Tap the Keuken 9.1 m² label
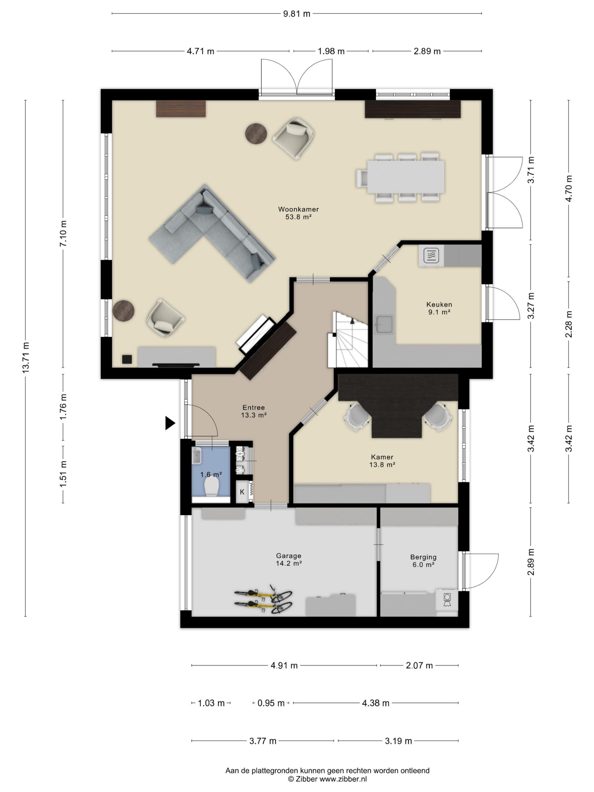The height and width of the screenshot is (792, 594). pos(439,308)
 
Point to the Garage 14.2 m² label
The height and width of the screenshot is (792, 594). pos(289,559)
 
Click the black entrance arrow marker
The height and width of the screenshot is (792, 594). pos(170,423)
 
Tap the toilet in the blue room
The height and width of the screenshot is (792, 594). pos(211,487)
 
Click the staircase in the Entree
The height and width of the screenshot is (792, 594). pos(348,340)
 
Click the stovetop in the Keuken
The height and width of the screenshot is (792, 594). pos(431,256)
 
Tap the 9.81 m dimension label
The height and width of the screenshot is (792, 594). pos(296,14)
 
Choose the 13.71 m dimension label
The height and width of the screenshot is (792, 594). pos(26,358)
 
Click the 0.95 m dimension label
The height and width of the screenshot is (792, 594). pos(271,703)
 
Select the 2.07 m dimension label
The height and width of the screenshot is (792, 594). pos(419,665)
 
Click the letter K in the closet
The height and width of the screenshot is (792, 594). pos(242,492)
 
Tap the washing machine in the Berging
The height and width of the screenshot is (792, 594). pos(447,600)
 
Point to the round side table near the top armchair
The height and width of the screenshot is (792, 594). pos(256,133)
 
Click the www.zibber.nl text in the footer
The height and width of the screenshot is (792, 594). pos(343,779)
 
